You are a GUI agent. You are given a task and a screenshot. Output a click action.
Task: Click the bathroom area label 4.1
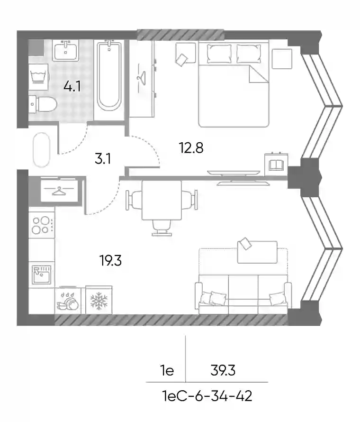coord(72,86)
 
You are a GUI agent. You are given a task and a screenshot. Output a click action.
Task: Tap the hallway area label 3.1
coord(103,159)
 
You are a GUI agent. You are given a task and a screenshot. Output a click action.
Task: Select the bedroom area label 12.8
coord(191,148)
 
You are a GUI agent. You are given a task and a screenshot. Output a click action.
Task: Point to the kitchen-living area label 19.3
coord(110,260)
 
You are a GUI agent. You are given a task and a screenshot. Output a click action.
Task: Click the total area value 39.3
coord(223,371)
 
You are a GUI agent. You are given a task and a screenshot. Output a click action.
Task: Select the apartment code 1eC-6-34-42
coord(207,396)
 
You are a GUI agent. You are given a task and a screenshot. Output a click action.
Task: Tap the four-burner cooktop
coord(42,225)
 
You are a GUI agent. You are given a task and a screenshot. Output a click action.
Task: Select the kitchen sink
coord(41,275)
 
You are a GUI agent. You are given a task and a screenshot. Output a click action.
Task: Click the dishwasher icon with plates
coord(67,301)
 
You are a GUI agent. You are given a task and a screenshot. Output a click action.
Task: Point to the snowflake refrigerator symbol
coord(99,300)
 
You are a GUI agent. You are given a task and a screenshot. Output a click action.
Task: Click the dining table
coord(162,200)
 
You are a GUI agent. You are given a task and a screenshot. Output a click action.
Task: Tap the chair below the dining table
coord(162,228)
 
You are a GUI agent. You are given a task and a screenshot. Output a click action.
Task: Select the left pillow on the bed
coord(219,54)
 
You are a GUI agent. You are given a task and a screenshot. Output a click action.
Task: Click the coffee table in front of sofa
coord(257,252)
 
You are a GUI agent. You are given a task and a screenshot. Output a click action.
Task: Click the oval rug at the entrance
coord(42,150)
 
